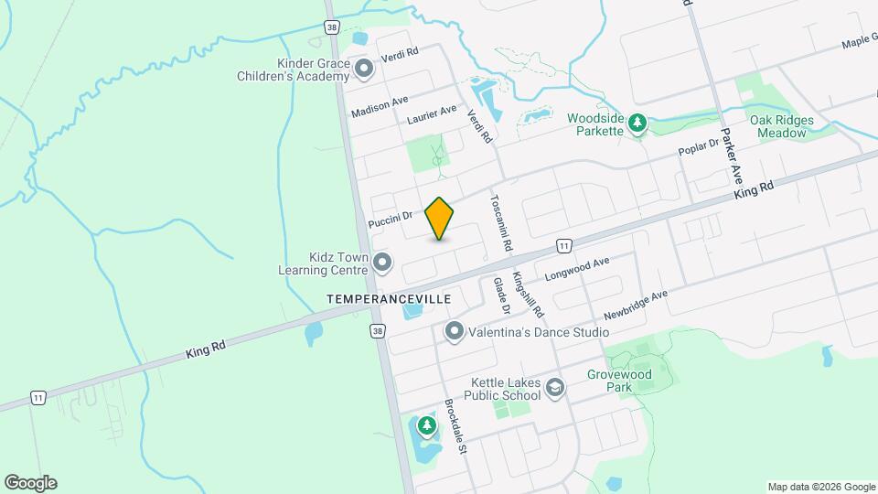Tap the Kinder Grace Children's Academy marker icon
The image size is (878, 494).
coord(364,69)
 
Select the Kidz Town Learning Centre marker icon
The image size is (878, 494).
coord(383,263)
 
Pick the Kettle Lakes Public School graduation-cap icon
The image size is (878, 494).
coord(554,389)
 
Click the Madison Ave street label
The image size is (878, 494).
coord(380,107)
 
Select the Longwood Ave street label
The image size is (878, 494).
coord(576,268)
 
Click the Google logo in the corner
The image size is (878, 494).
coord(30,483)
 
